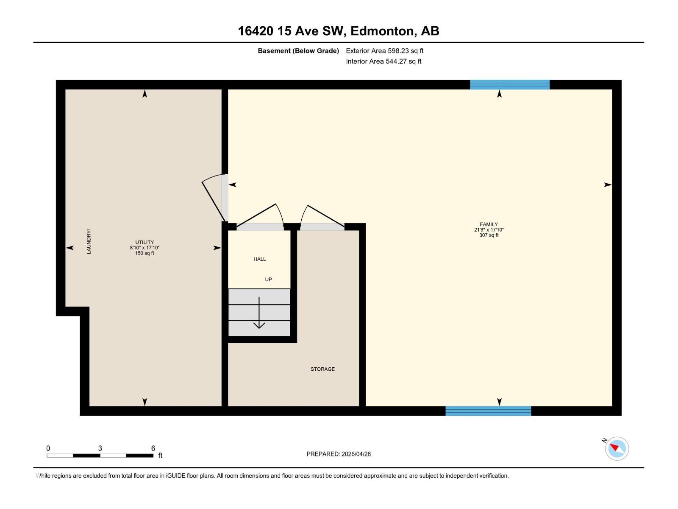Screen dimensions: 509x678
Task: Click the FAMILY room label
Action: click(x=489, y=224)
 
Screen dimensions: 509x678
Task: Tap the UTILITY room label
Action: click(x=144, y=242)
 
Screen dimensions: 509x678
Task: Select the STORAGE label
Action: click(x=322, y=369)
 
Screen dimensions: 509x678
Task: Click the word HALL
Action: click(x=260, y=259)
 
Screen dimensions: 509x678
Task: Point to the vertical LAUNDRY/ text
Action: click(x=89, y=241)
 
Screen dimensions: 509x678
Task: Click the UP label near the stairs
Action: click(x=268, y=280)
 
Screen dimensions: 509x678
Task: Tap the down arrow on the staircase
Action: click(x=259, y=314)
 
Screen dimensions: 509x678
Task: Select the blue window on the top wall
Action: click(x=509, y=84)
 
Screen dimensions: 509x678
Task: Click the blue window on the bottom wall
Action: click(x=488, y=411)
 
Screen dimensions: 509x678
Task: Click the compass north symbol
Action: click(x=617, y=448)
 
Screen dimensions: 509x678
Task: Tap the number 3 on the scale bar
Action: click(x=100, y=448)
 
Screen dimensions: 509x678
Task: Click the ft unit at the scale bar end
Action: click(x=160, y=456)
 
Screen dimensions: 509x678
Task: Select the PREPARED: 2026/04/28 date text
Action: click(x=339, y=454)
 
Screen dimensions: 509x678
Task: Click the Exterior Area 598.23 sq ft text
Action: click(x=384, y=51)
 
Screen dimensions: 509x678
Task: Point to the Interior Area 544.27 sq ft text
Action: click(x=383, y=62)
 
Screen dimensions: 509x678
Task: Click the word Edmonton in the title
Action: click(x=382, y=31)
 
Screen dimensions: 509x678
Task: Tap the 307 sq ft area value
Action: click(x=489, y=235)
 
